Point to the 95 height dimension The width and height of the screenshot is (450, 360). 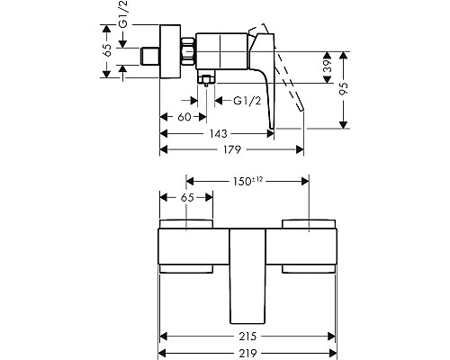[x=344, y=87]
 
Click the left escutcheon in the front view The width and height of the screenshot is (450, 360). [x=186, y=244]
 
